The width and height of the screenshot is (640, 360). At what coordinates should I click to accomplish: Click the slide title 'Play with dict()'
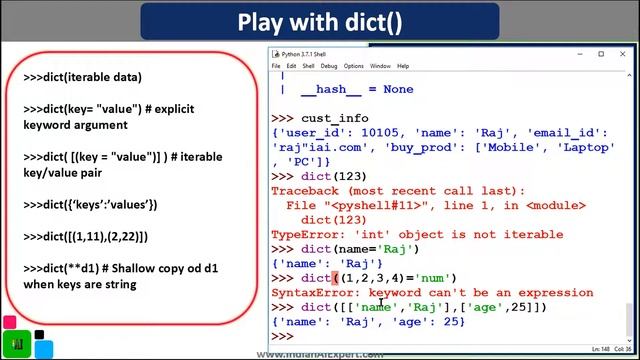(x=320, y=22)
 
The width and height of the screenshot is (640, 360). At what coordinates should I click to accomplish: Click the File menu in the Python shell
(x=278, y=66)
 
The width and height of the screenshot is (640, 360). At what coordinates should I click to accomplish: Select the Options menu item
(x=354, y=66)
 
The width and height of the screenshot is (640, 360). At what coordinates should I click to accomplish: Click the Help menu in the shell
(x=403, y=66)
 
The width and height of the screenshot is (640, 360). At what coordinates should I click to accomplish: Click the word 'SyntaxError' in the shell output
(x=312, y=292)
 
